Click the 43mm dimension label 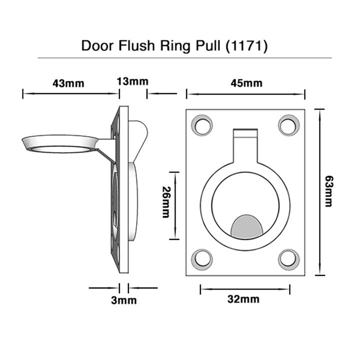point(68,83)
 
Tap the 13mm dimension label point(132,81)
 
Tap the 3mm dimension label point(123,300)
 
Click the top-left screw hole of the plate point(203,125)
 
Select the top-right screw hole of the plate point(288,125)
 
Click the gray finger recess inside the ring point(245,226)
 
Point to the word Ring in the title point(173,46)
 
